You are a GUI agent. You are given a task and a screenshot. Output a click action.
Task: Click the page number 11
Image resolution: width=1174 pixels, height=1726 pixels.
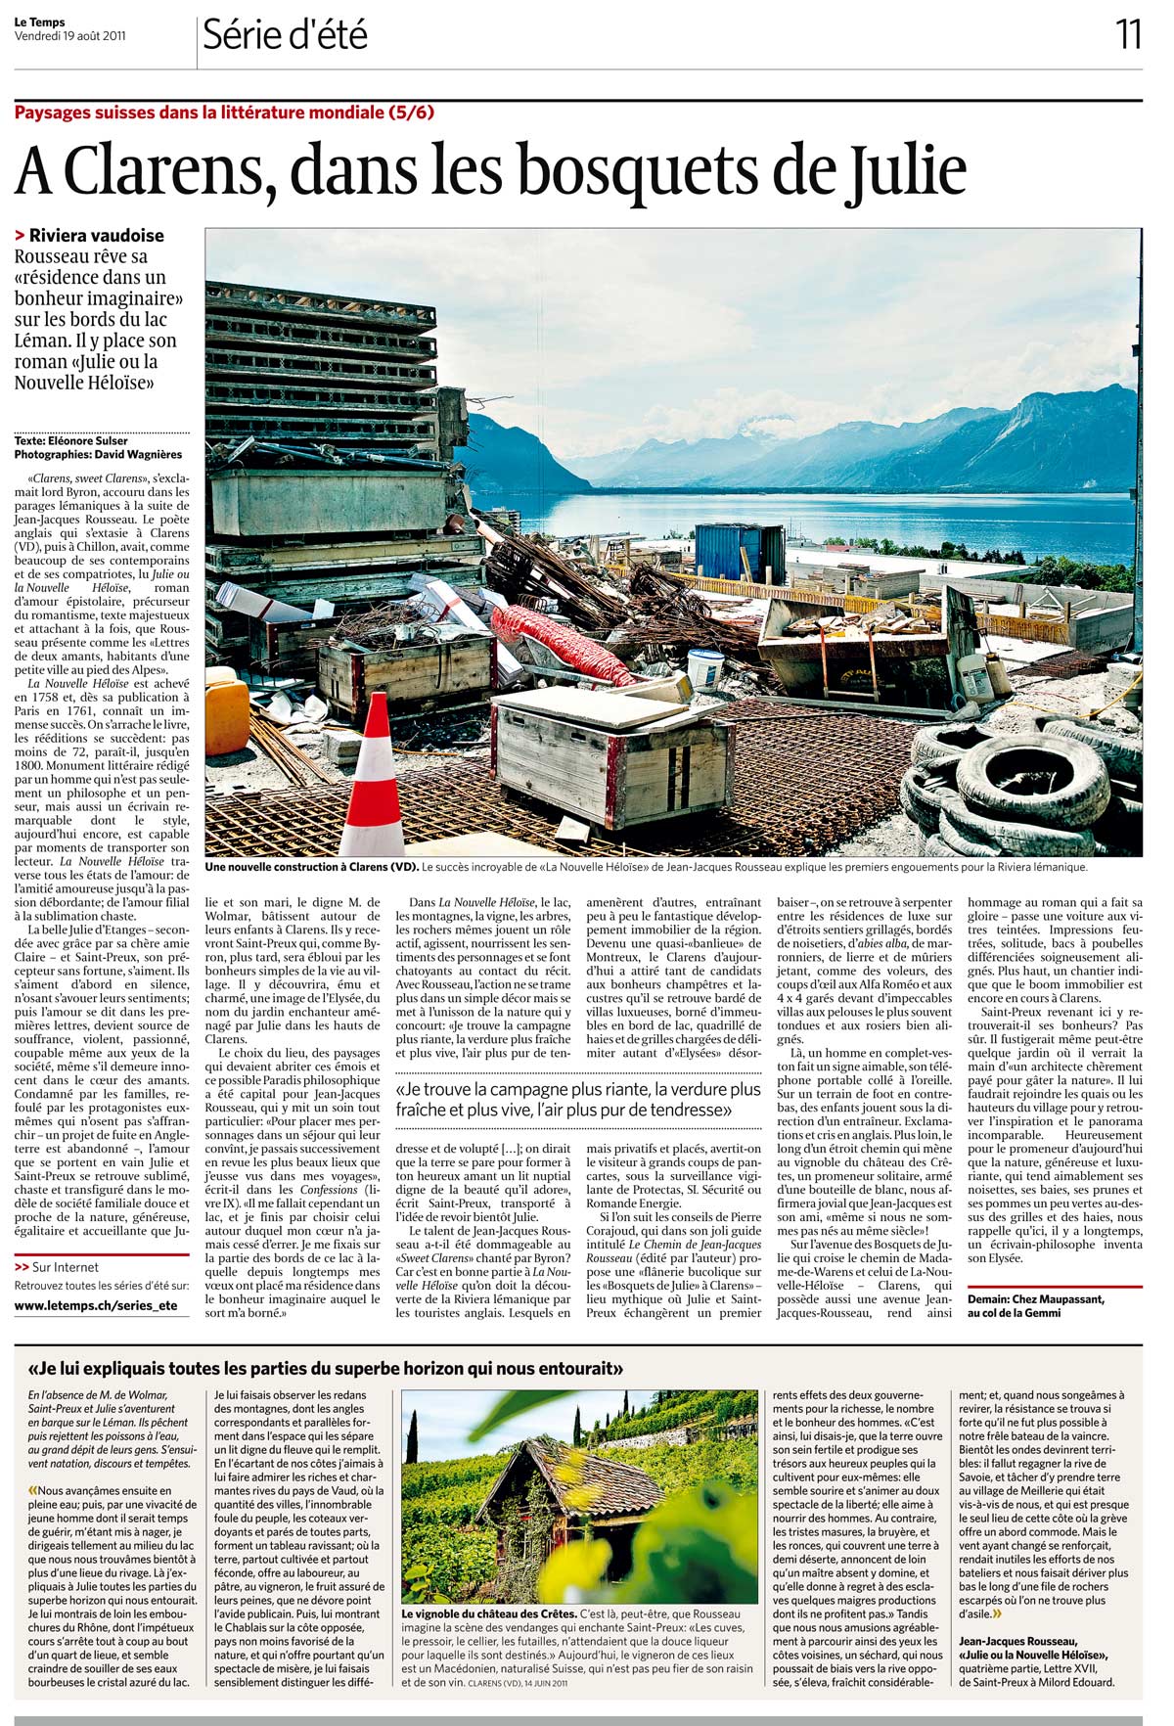(1128, 35)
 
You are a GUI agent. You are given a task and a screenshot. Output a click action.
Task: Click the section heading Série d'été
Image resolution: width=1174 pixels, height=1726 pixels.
(285, 36)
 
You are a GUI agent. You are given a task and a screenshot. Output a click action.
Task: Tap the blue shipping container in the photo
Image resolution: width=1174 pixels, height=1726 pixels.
(740, 553)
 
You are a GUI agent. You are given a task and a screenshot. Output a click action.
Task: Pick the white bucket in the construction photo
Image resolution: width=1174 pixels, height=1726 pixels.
(704, 667)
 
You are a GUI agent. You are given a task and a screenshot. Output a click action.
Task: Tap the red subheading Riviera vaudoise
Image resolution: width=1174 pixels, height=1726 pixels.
(96, 236)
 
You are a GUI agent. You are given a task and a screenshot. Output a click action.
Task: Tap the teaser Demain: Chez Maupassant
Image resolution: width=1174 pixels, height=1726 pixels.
(1035, 1298)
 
